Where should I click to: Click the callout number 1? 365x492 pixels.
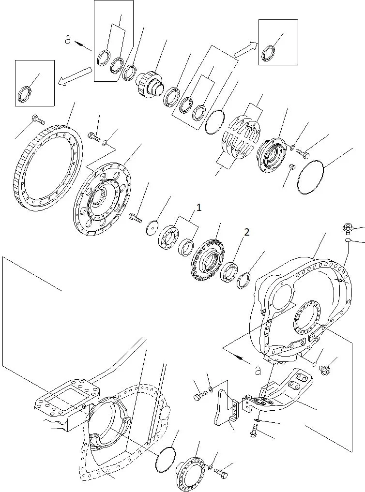click(x=198, y=208)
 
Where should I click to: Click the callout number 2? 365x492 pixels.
click(x=247, y=232)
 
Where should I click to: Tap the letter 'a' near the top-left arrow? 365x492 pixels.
click(x=67, y=40)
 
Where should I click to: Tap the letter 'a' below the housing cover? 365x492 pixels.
click(x=258, y=371)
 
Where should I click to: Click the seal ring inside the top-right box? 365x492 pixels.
click(x=268, y=54)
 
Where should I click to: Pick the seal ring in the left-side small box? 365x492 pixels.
click(x=25, y=93)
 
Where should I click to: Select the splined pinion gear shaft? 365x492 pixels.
click(x=150, y=84)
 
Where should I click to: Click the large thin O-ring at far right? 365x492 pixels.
click(x=311, y=178)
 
